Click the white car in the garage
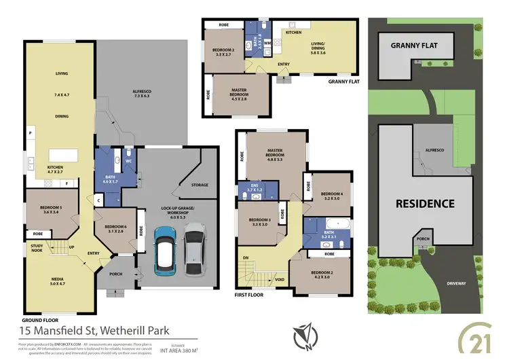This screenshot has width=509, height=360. coord(194,247)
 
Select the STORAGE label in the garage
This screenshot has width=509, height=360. coord(200,184)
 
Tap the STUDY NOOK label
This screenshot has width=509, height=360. coord(38,249)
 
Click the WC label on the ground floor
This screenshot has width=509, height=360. coord(128,161)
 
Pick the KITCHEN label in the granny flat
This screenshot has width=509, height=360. coord(293,32)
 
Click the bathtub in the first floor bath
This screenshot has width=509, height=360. coord(335,224)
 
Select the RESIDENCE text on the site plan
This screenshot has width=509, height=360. coord(426,203)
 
